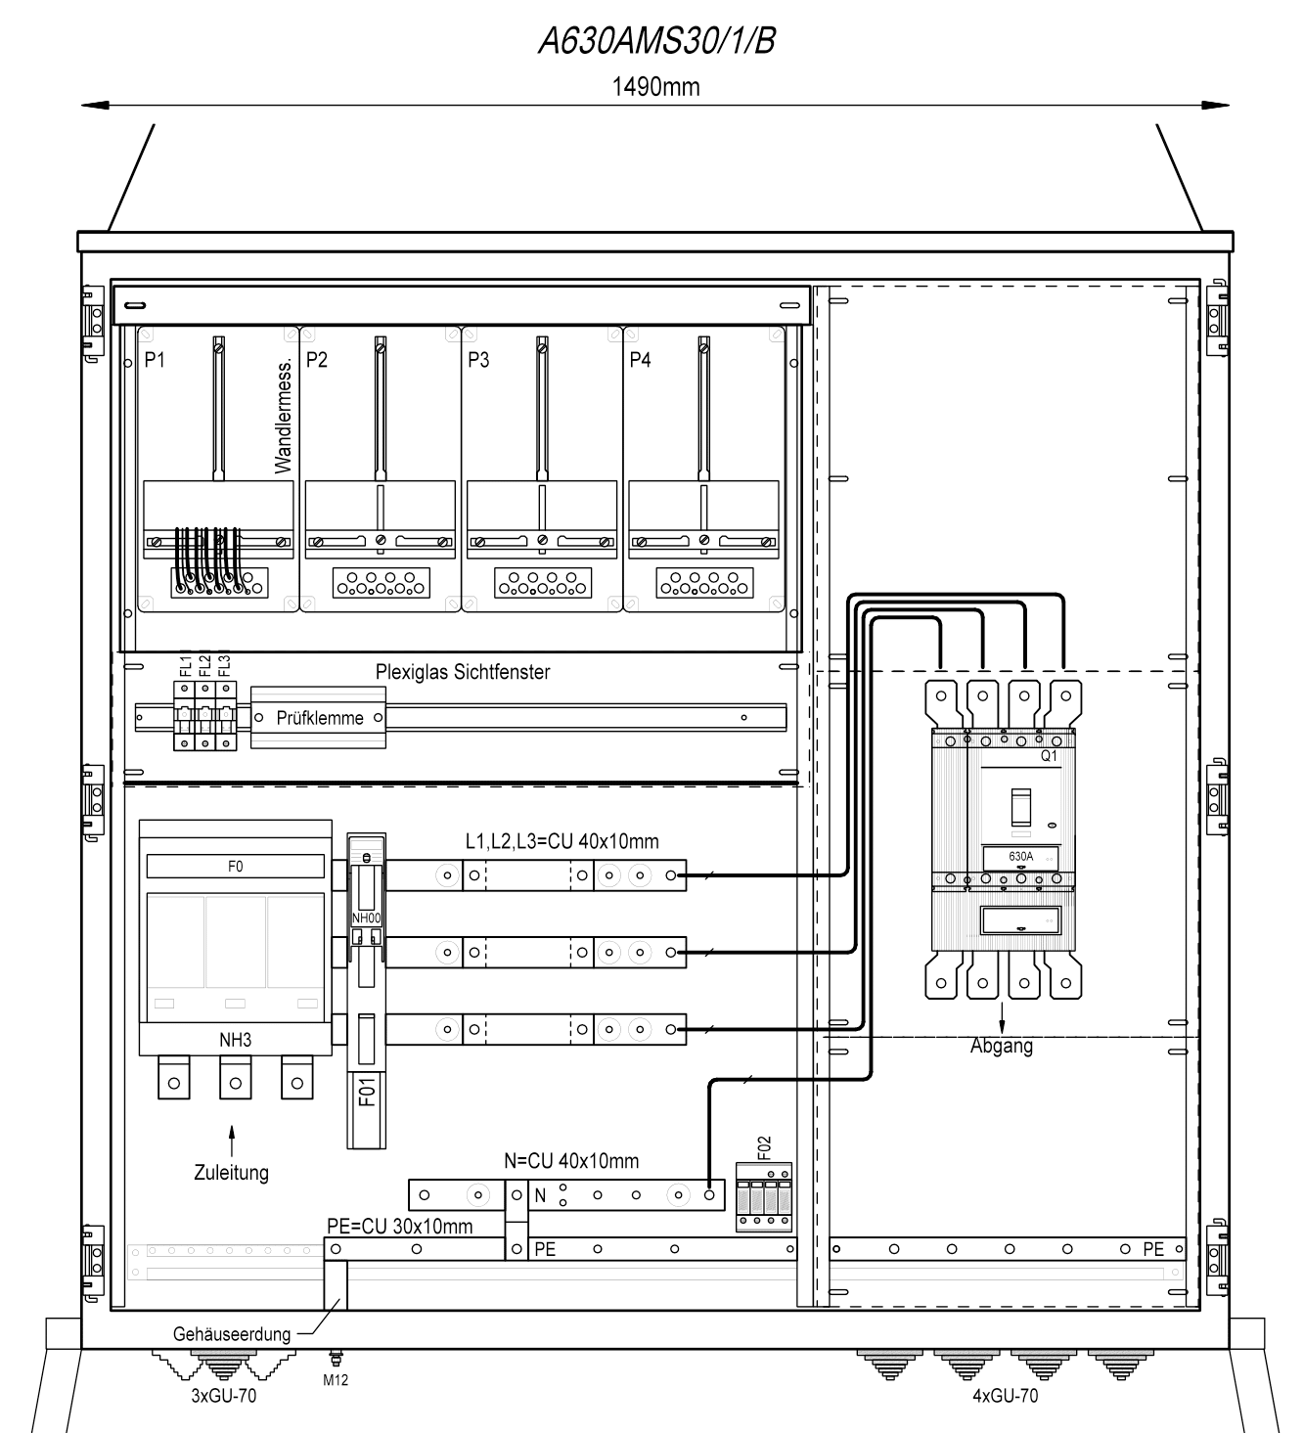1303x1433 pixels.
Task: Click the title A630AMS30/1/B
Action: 656,41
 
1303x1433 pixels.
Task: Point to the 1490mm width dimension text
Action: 655,86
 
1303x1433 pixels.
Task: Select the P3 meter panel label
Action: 478,359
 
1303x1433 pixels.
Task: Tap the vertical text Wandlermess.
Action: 284,416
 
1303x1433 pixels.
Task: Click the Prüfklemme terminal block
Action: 318,717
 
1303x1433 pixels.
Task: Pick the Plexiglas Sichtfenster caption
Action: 463,671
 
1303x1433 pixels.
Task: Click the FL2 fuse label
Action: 204,666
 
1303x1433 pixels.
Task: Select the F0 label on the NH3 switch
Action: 235,866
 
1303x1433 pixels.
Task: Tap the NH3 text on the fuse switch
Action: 235,1040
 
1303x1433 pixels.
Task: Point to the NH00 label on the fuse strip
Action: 366,918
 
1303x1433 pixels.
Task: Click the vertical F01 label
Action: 367,1093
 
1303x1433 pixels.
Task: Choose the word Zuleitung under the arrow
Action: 231,1172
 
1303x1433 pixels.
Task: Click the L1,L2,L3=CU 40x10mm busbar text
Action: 562,841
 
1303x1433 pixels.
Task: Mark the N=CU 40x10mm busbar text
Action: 571,1161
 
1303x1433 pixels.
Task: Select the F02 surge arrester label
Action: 763,1148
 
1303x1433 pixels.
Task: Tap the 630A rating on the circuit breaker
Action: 1020,856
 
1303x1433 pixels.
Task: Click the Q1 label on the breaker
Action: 1049,755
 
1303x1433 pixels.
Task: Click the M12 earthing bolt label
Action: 336,1380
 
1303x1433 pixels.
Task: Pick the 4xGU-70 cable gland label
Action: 1005,1395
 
